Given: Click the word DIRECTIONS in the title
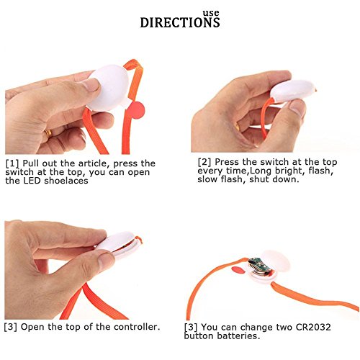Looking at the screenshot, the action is click(x=180, y=22).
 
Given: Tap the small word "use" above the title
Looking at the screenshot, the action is click(x=211, y=13).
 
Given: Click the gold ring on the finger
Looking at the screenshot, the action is click(x=48, y=133).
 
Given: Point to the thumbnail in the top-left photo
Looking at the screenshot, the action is click(x=91, y=84).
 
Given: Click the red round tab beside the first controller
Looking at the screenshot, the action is click(x=136, y=110).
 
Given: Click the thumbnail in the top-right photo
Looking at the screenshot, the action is click(x=297, y=107).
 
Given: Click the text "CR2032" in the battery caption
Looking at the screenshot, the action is click(x=313, y=327).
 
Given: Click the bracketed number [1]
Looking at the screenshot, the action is click(x=12, y=163).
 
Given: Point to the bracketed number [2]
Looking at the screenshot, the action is click(x=204, y=162).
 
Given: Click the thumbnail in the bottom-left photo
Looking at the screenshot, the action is click(x=106, y=260).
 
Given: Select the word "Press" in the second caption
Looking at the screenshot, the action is click(x=227, y=162).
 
